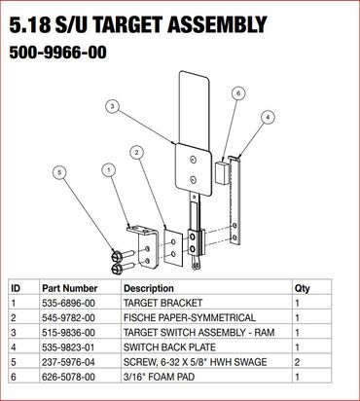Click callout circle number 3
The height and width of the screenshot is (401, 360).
pos(112,107)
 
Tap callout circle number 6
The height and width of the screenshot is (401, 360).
pos(238,93)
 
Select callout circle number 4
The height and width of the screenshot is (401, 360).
pos(268,118)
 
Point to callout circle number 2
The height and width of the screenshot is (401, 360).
pos(137,153)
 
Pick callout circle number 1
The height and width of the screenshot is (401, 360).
pos(109,169)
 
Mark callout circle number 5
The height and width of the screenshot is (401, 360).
pos(59,172)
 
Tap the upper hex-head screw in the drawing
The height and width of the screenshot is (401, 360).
pos(123,255)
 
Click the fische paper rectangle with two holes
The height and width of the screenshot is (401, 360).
pos(173,247)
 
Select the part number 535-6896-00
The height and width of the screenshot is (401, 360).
pos(68,303)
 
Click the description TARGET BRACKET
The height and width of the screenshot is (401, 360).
pos(162,303)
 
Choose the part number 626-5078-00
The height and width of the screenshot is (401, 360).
pos(68,377)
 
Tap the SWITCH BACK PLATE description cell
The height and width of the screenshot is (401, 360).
pos(169,347)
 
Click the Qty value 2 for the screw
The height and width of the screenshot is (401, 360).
pos(298,362)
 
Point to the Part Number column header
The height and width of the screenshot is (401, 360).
pos(70,288)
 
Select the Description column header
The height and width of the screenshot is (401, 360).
pos(149,288)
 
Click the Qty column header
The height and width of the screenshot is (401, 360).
pos(302,288)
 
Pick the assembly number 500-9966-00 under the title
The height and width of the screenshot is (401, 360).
pos(57,53)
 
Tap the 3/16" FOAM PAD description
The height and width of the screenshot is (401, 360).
pos(159,377)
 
